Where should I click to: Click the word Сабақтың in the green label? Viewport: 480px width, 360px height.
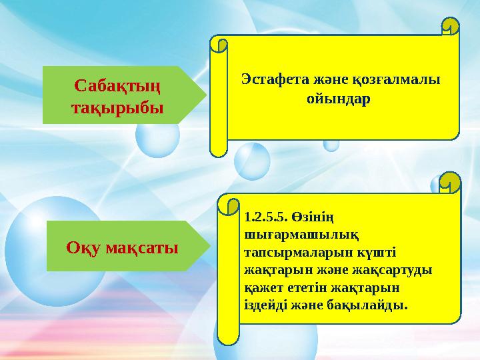(x=117, y=86)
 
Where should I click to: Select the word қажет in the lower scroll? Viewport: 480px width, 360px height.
(x=262, y=287)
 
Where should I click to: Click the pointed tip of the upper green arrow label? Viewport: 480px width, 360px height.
(x=206, y=95)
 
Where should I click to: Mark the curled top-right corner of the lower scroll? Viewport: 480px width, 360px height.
(x=451, y=181)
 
